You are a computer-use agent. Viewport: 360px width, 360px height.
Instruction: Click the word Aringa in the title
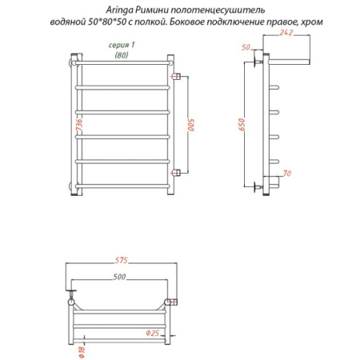(119, 10)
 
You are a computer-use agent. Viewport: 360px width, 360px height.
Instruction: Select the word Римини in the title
(152, 10)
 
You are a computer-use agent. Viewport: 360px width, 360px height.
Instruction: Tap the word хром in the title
(312, 22)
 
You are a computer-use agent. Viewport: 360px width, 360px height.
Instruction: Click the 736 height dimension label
(79, 125)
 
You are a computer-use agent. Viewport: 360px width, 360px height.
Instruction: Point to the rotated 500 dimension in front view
(191, 125)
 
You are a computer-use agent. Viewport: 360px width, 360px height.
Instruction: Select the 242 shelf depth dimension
(286, 33)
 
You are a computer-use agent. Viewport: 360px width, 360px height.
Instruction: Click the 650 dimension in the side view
(241, 125)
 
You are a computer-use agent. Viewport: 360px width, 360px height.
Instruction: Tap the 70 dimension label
(287, 174)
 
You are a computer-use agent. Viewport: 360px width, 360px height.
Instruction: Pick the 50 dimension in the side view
(246, 47)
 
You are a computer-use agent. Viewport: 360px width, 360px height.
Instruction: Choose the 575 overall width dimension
(122, 260)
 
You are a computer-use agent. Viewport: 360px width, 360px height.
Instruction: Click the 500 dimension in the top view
(119, 277)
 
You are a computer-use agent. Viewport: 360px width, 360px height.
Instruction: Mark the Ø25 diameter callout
(153, 333)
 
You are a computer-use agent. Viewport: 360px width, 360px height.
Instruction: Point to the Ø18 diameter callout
(82, 352)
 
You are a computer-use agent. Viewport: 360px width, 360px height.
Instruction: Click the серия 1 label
(122, 45)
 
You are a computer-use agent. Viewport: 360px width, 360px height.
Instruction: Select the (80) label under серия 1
(122, 55)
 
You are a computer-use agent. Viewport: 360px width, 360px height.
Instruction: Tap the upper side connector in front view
(177, 77)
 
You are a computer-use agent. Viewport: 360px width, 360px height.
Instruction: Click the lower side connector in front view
(177, 173)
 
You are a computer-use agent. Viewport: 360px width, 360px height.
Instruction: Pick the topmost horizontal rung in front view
(123, 63)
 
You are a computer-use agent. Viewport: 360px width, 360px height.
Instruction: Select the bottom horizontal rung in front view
(122, 186)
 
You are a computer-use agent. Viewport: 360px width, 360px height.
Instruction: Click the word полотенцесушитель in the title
(218, 10)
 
